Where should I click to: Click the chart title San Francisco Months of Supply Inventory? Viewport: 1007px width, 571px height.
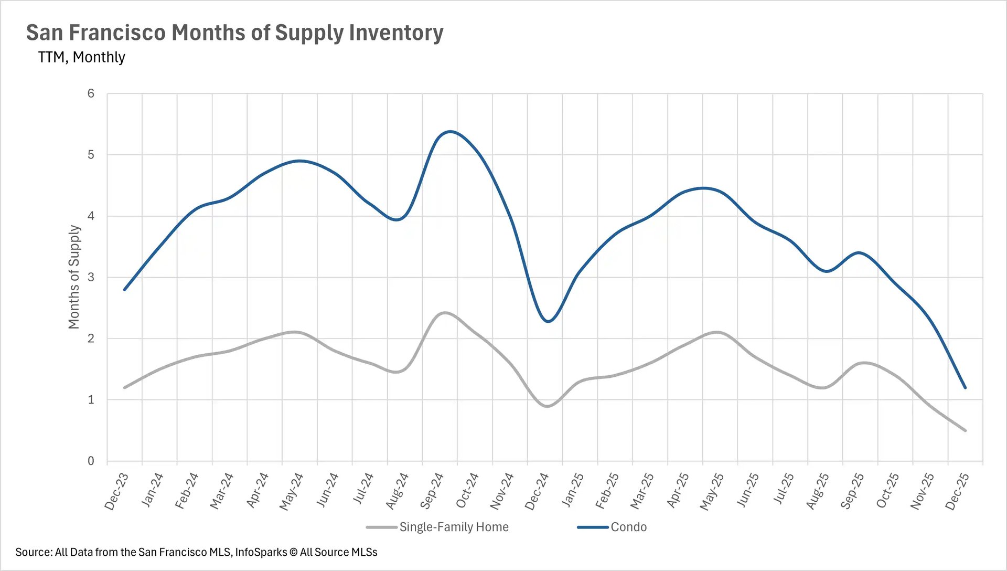pos(234,33)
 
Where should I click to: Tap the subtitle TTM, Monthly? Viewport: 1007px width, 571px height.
pos(81,57)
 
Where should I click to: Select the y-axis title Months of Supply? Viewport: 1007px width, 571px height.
pos(74,277)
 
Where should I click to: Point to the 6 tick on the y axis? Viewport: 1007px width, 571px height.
pos(91,93)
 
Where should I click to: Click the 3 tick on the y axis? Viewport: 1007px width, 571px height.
pos(91,277)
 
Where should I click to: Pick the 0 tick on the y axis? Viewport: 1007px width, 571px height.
pos(91,461)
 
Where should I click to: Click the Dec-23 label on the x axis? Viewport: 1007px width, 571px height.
pos(116,491)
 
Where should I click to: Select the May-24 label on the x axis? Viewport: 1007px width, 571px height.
pos(292,491)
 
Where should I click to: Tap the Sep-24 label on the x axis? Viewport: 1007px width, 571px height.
pos(432,491)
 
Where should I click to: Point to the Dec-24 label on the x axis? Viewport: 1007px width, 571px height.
pos(537,491)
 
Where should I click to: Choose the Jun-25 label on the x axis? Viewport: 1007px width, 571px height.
pos(747,491)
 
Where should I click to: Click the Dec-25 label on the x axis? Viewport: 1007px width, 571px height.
pos(957,491)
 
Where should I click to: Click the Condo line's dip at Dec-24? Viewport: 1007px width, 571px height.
pos(548,321)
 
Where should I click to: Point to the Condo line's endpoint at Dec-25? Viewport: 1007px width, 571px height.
pos(965,388)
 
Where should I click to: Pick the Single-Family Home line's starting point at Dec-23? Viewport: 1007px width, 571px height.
pos(124,388)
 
